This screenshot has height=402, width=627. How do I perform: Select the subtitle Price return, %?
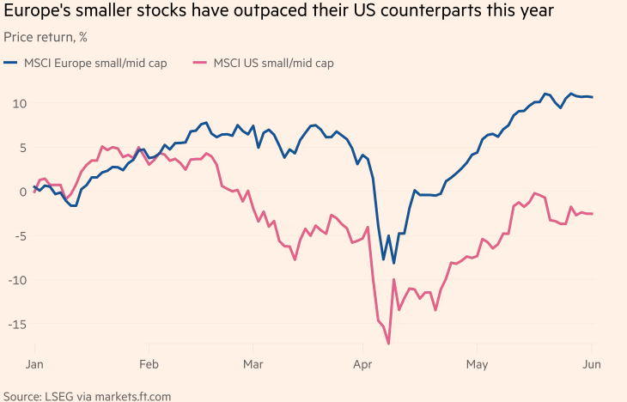click(45, 38)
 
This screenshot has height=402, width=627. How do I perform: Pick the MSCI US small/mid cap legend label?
click(274, 63)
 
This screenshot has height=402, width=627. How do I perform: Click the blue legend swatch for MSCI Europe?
click(10, 63)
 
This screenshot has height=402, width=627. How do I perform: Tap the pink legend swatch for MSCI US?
click(200, 63)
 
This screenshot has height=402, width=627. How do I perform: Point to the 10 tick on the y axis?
click(18, 103)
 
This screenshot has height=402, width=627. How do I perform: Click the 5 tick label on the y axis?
click(21, 148)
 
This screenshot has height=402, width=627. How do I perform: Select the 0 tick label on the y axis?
click(21, 192)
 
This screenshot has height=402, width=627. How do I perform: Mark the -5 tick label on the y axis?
click(19, 236)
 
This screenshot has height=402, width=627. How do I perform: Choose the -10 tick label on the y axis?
click(16, 280)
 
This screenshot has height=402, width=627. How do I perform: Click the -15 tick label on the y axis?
click(16, 325)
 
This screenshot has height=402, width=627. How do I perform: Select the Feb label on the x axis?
click(149, 363)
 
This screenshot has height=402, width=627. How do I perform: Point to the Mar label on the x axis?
click(253, 363)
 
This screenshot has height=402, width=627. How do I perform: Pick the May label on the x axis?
click(477, 363)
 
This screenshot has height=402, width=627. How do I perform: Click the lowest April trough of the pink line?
click(389, 344)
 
